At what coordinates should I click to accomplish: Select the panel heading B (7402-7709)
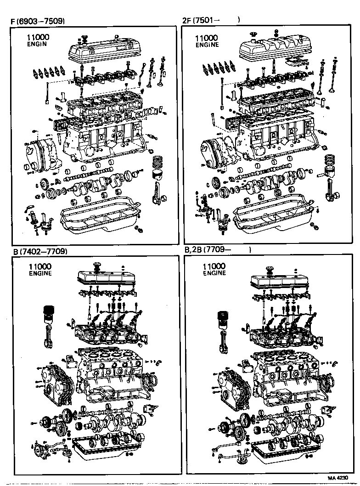pos(40,251)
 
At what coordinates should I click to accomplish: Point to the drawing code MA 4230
pos(337,478)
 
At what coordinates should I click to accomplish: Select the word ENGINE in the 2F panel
pos(207,45)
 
